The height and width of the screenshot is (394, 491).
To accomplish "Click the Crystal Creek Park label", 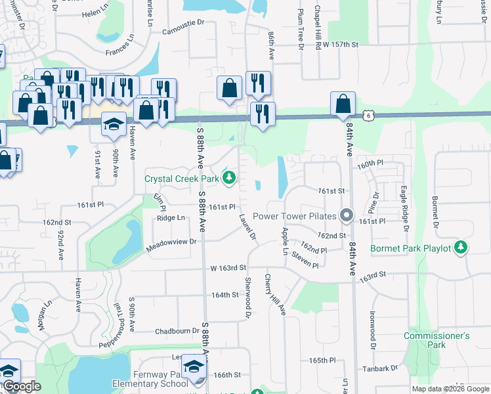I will click(x=182, y=178).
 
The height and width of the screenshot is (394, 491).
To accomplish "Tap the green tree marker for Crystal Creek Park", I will click(x=229, y=177).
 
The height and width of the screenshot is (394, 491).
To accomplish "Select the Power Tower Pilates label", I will click(x=294, y=215).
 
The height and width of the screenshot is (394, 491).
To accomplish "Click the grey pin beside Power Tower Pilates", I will click(x=347, y=215).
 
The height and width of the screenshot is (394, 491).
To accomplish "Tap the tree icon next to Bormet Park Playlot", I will click(x=462, y=248).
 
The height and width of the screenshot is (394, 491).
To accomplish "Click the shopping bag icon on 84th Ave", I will click(x=343, y=104).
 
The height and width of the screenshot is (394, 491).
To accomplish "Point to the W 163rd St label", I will click(x=228, y=268).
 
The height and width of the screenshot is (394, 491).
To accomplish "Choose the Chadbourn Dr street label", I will click(x=177, y=331).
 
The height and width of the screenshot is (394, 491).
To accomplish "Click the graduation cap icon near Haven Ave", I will click(x=114, y=125).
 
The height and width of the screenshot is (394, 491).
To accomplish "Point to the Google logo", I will click(x=22, y=386).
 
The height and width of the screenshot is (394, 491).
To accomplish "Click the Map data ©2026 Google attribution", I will click(x=450, y=389).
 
